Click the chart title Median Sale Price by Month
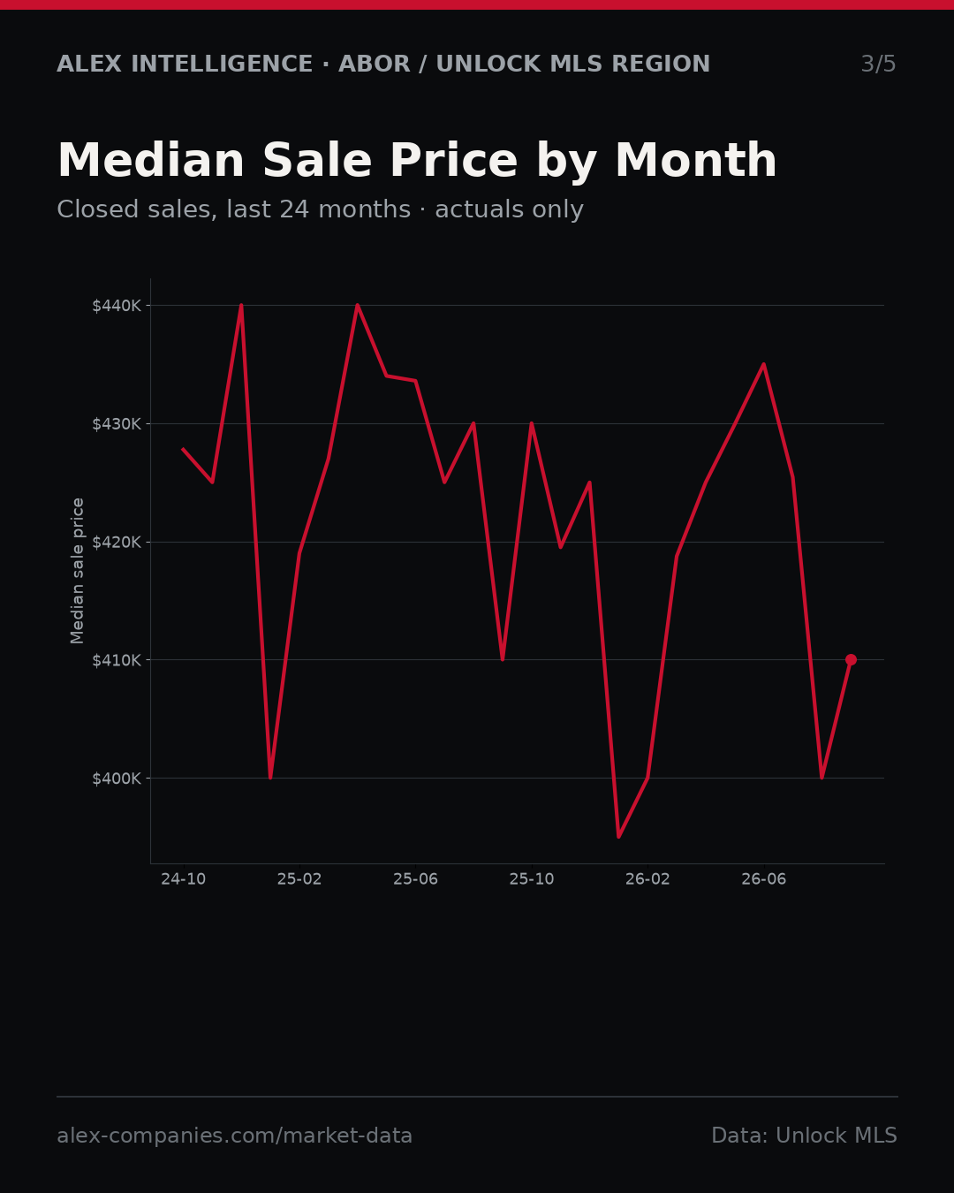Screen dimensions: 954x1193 tap(417, 162)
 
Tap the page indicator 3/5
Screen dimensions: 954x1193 tap(878, 64)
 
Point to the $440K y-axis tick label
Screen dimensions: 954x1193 tap(117, 306)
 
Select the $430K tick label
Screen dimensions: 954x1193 tap(117, 424)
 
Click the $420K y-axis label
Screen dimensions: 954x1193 tap(117, 543)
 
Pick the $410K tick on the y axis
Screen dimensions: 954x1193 tap(117, 660)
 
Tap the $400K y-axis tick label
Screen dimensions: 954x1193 tap(117, 779)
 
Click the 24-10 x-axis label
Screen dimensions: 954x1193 tap(184, 879)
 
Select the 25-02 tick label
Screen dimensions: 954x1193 tap(299, 879)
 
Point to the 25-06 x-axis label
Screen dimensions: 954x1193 tap(416, 879)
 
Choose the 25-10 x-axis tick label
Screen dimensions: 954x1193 tap(532, 879)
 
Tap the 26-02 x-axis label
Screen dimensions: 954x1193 tap(647, 879)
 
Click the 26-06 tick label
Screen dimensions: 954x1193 tap(764, 879)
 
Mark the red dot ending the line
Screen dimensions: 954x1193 tap(851, 660)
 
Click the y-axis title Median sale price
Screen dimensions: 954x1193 tap(77, 571)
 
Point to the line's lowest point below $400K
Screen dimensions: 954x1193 tap(618, 837)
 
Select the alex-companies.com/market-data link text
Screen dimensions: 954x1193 tap(234, 1136)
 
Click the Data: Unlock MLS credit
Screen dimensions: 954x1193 tap(805, 1136)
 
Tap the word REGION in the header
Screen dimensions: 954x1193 tap(661, 64)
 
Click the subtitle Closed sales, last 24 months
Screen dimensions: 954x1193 tap(234, 209)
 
